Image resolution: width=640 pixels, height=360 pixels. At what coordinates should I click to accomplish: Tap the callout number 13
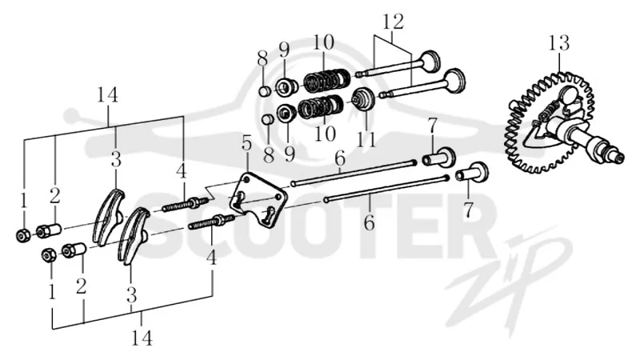[558, 42]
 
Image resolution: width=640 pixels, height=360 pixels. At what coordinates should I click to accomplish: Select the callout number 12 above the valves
[394, 22]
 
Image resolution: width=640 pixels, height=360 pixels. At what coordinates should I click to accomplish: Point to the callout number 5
[246, 144]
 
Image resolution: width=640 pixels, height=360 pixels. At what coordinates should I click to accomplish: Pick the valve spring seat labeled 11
[363, 99]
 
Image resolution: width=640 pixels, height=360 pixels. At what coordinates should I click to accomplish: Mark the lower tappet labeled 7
[472, 172]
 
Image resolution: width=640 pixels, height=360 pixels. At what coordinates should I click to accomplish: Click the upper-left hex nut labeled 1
[22, 235]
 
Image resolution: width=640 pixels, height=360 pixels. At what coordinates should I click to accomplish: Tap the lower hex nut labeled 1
[49, 254]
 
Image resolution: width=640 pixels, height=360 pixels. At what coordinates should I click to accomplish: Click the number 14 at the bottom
[142, 338]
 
